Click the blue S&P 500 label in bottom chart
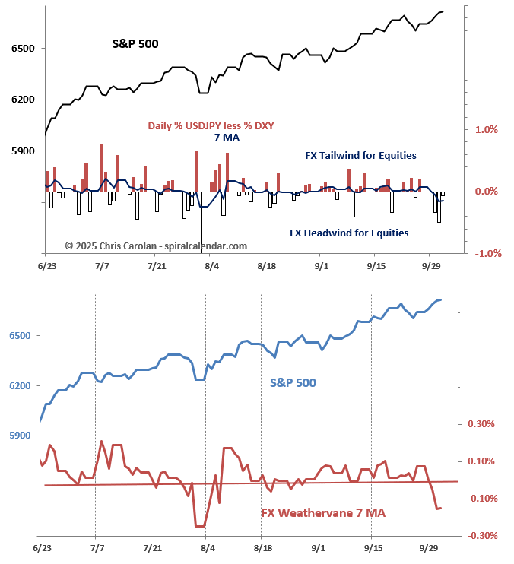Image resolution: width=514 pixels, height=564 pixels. [x=293, y=382]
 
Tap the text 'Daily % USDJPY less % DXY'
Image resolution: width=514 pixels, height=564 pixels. [x=211, y=125]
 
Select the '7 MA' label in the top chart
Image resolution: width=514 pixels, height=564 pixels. [x=228, y=137]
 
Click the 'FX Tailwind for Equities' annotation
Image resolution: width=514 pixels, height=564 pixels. [x=360, y=155]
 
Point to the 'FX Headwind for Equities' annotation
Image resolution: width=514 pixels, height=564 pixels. [x=349, y=233]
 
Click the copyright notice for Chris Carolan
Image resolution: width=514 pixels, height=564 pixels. [x=156, y=246]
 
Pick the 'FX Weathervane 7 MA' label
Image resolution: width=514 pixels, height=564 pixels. [x=323, y=513]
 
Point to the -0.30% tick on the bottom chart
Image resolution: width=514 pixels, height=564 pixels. [x=483, y=536]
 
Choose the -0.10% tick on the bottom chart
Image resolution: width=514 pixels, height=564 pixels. [x=483, y=499]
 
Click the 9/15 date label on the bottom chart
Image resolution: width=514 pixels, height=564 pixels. [x=373, y=547]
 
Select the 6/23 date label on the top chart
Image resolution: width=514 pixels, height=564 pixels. [x=47, y=266]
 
